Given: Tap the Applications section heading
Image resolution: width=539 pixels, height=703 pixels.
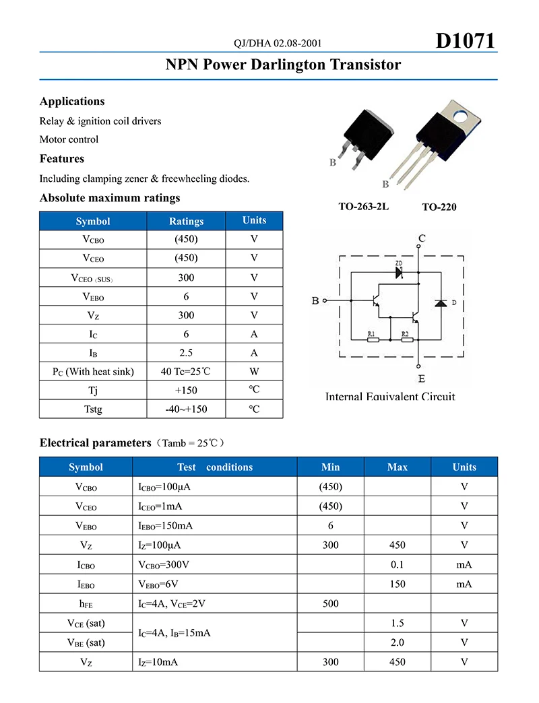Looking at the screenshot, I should pyautogui.click(x=72, y=102).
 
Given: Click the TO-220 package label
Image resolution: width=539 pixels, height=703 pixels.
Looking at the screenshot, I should pyautogui.click(x=439, y=207).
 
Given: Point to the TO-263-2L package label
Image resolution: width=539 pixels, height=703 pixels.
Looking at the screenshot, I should pyautogui.click(x=364, y=206).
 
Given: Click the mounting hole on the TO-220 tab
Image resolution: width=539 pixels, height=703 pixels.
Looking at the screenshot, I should pyautogui.click(x=462, y=115).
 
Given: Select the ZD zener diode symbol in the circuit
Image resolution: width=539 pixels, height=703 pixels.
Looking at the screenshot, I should pyautogui.click(x=398, y=273).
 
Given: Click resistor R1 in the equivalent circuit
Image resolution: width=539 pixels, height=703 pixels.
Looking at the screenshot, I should pyautogui.click(x=373, y=340).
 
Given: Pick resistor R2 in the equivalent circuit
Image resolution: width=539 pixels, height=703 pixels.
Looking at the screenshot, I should pyautogui.click(x=406, y=340).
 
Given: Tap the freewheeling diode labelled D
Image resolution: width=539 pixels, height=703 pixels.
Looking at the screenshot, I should pyautogui.click(x=441, y=304).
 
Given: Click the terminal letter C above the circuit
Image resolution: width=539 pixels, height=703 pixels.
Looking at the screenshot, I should pyautogui.click(x=422, y=239).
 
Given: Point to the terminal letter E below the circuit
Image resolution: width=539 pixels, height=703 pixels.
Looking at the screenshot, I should pyautogui.click(x=422, y=379).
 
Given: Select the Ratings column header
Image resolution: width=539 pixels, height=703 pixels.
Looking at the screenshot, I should pyautogui.click(x=186, y=222).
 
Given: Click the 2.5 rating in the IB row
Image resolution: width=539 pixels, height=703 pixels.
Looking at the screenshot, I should pyautogui.click(x=186, y=353).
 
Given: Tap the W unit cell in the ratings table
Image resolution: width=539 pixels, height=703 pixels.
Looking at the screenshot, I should pyautogui.click(x=254, y=371).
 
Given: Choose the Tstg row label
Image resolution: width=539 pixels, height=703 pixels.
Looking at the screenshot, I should pyautogui.click(x=93, y=409).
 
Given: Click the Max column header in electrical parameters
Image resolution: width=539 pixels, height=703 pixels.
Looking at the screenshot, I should pyautogui.click(x=398, y=467).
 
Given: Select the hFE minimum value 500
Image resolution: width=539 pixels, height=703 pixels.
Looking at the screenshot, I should pyautogui.click(x=331, y=603).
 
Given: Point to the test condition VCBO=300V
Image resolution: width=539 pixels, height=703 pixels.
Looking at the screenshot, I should pyautogui.click(x=164, y=565).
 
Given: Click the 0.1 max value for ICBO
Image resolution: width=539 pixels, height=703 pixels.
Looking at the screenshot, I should pyautogui.click(x=398, y=565).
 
